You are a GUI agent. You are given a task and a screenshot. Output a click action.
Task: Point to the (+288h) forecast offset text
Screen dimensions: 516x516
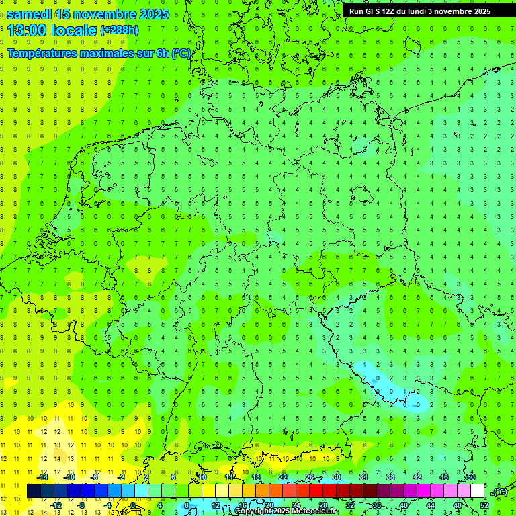point(120,30)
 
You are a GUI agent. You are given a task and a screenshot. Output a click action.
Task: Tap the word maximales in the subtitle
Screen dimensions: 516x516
point(106,53)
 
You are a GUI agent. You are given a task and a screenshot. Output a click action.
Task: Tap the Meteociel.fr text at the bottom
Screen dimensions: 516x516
point(315,511)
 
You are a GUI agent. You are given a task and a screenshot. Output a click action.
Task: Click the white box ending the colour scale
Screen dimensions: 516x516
point(478,491)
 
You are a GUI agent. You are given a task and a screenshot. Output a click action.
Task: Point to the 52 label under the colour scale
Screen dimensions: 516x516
point(484,505)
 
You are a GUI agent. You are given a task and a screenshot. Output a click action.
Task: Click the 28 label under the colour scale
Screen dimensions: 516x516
point(323,505)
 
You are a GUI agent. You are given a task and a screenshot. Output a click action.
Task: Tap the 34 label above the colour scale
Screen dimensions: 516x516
point(363,477)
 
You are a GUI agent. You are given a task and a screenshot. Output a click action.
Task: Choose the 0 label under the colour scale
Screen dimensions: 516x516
point(134,505)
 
